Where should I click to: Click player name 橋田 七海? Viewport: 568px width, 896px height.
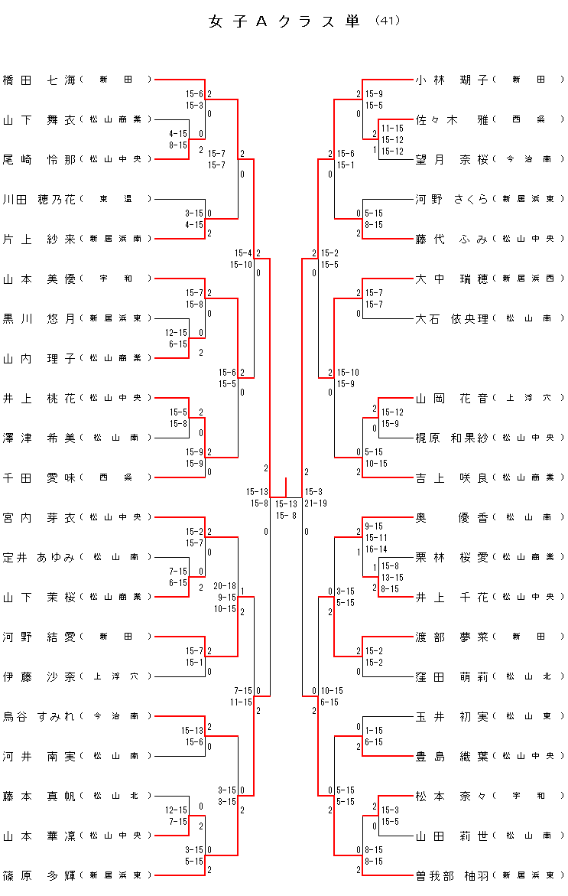[40, 80]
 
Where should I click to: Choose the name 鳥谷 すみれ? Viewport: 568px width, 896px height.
[40, 716]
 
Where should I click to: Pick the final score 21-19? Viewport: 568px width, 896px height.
[316, 503]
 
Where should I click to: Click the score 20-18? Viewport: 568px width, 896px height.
[225, 586]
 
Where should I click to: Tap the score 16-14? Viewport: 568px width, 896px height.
[376, 549]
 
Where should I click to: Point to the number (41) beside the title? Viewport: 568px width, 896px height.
[388, 21]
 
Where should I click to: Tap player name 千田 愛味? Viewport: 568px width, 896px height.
[40, 477]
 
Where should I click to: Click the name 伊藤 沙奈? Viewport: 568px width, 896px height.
[40, 676]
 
